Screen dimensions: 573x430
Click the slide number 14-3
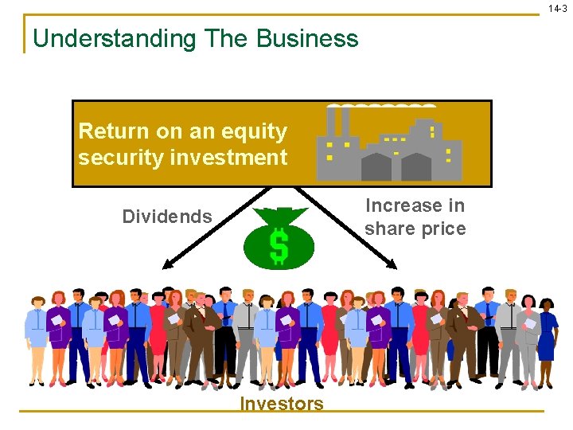pyautogui.click(x=557, y=8)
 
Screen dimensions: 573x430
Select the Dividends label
pyautogui.click(x=167, y=217)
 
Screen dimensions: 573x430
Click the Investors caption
pyautogui.click(x=282, y=404)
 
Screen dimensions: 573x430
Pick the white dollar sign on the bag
pyautogui.click(x=279, y=245)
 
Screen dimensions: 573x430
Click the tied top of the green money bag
pyautogui.click(x=279, y=213)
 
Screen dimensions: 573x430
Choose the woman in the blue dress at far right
pyautogui.click(x=546, y=338)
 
